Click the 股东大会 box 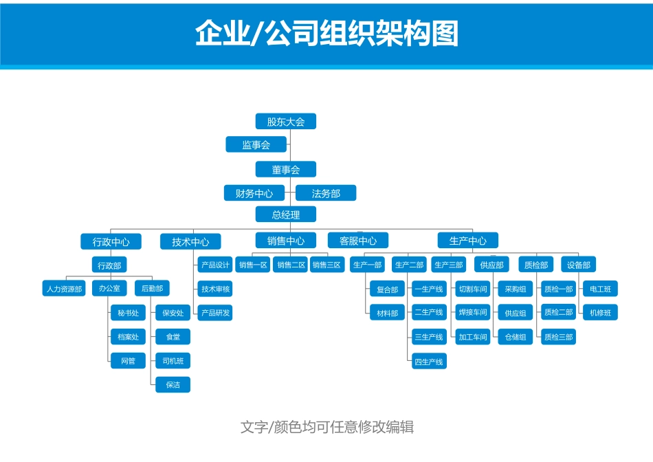[x=285, y=122]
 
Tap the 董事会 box [x=285, y=169]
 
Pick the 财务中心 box [x=254, y=193]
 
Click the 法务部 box [x=326, y=193]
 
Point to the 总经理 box [x=285, y=214]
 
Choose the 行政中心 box [x=111, y=241]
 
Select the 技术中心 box [x=190, y=241]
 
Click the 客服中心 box [x=357, y=241]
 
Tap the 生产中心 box [x=467, y=241]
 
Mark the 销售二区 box [x=291, y=265]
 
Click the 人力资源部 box [x=64, y=289]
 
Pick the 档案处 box [x=128, y=337]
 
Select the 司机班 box [x=173, y=361]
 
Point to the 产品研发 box [x=215, y=313]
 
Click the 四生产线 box [x=428, y=361]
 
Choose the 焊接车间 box [x=472, y=313]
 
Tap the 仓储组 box [x=515, y=337]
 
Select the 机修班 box [x=600, y=313]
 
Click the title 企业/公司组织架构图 [x=326, y=32]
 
